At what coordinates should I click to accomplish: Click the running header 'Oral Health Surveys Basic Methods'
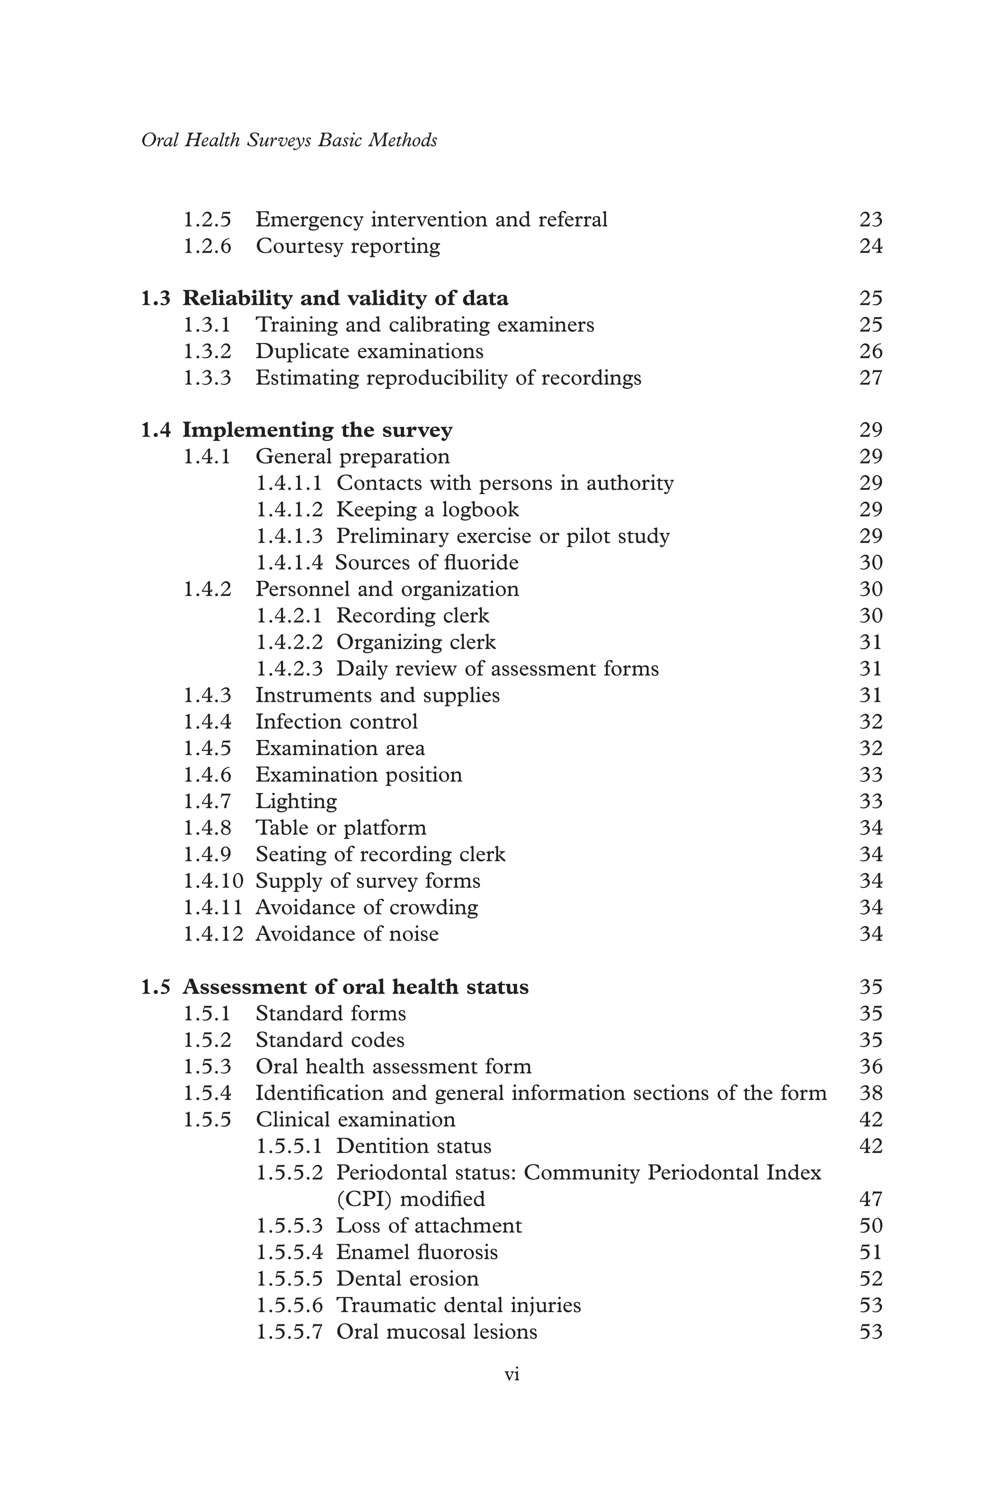click(289, 140)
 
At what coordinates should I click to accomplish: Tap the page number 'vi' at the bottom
click(512, 1374)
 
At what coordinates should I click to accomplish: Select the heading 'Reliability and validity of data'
click(345, 299)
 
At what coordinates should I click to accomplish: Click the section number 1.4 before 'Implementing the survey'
click(155, 430)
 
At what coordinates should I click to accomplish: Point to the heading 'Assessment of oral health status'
click(356, 987)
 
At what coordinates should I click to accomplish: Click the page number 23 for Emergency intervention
click(871, 220)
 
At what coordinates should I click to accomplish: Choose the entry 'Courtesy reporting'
click(348, 246)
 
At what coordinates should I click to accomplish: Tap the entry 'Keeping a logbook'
click(427, 509)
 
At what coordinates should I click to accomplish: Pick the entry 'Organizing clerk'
click(416, 642)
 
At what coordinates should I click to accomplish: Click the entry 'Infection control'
click(336, 721)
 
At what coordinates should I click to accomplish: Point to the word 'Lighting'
click(296, 801)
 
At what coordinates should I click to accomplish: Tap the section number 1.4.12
click(214, 934)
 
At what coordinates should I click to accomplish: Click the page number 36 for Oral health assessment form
click(871, 1066)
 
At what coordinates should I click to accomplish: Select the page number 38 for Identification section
click(871, 1093)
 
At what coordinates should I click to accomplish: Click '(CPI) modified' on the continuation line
click(411, 1199)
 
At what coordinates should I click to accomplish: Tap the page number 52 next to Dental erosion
click(871, 1278)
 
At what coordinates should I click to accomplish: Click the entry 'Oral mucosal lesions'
click(437, 1331)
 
